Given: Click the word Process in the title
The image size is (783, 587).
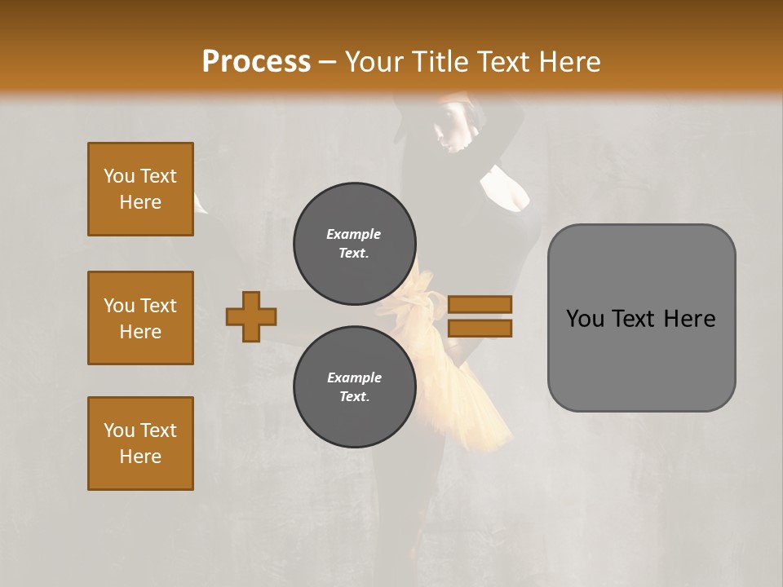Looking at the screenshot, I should [256, 61].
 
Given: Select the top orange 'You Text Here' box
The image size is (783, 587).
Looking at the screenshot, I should [140, 189].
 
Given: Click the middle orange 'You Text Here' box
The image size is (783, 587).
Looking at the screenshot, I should [140, 318].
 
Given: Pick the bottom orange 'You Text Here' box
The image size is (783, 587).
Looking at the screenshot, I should [140, 444].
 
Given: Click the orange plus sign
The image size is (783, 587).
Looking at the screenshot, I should [251, 316].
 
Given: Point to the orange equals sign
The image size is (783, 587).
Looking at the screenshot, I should [480, 316].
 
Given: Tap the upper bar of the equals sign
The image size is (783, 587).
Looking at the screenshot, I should [480, 305].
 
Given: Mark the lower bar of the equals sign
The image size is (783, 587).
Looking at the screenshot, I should [480, 329].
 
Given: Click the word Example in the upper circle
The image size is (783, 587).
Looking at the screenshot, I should [353, 234].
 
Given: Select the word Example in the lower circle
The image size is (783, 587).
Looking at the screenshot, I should [354, 377].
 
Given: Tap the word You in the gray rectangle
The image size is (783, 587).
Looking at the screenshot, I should [585, 319].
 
